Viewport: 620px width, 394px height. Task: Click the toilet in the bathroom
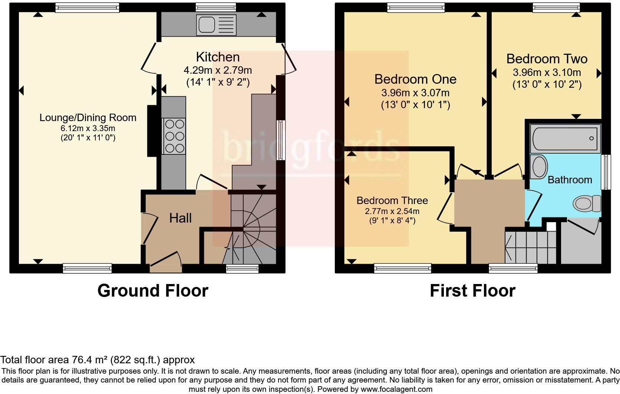(587, 203)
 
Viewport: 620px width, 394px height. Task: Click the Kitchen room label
(218, 57)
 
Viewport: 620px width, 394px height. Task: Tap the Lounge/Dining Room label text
(88, 118)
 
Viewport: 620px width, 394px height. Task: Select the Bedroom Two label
(547, 59)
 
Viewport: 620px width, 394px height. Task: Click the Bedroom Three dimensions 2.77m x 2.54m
(392, 211)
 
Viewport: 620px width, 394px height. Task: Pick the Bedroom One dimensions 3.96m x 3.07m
(415, 93)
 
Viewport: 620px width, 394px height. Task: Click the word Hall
(180, 218)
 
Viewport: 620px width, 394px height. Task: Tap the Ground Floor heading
(153, 291)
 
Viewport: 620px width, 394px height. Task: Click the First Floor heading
(472, 291)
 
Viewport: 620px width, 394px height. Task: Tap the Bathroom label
(570, 180)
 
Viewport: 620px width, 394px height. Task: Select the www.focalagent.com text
(396, 389)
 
